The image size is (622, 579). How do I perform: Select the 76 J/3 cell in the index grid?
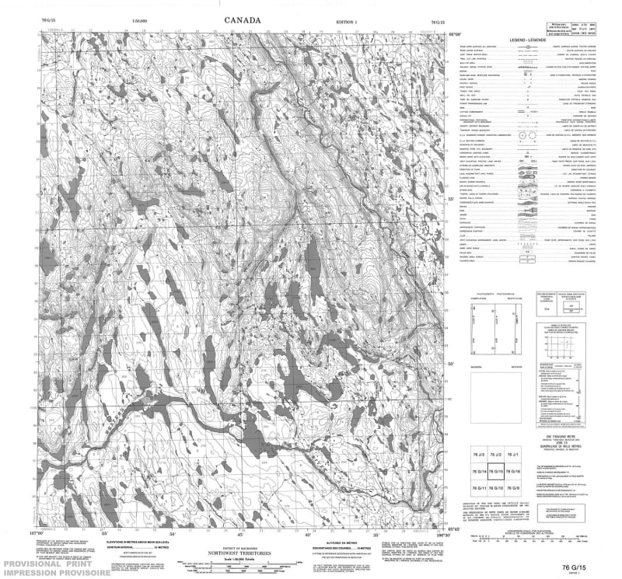click(x=479, y=453)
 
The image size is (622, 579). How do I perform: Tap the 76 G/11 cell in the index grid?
click(x=479, y=487)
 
